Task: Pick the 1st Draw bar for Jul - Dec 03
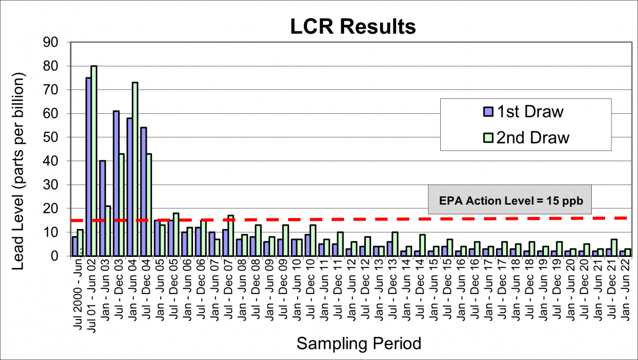point(116,183)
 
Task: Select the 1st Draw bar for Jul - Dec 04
point(143,191)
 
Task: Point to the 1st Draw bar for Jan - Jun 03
point(102,208)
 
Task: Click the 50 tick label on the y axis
point(55,137)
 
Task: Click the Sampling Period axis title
point(359,343)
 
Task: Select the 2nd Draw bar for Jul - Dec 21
point(614,248)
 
